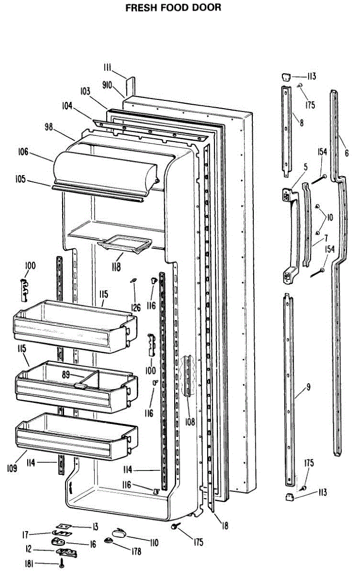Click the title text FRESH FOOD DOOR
click(x=173, y=8)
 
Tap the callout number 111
click(x=108, y=67)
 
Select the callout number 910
click(x=107, y=85)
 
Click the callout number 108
click(x=189, y=422)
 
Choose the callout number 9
click(x=309, y=387)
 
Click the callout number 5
click(x=306, y=168)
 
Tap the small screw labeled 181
click(x=62, y=564)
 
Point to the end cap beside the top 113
click(x=286, y=76)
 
